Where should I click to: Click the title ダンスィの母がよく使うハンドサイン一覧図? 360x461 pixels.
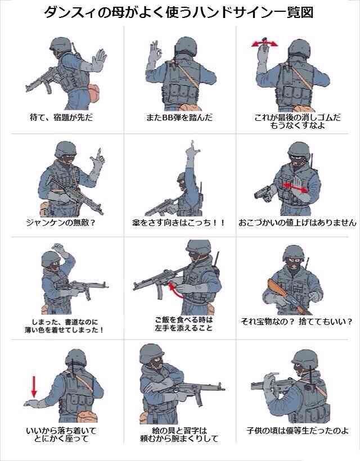coord(179,12)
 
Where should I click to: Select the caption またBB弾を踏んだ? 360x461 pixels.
coord(179,118)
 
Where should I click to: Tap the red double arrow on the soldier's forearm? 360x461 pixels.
coord(295,187)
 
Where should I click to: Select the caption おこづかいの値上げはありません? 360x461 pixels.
coord(298,222)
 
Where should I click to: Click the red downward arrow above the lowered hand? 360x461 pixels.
coord(34,386)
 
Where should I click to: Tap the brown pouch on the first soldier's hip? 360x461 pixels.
coord(94,93)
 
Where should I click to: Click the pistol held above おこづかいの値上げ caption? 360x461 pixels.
coord(262,193)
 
